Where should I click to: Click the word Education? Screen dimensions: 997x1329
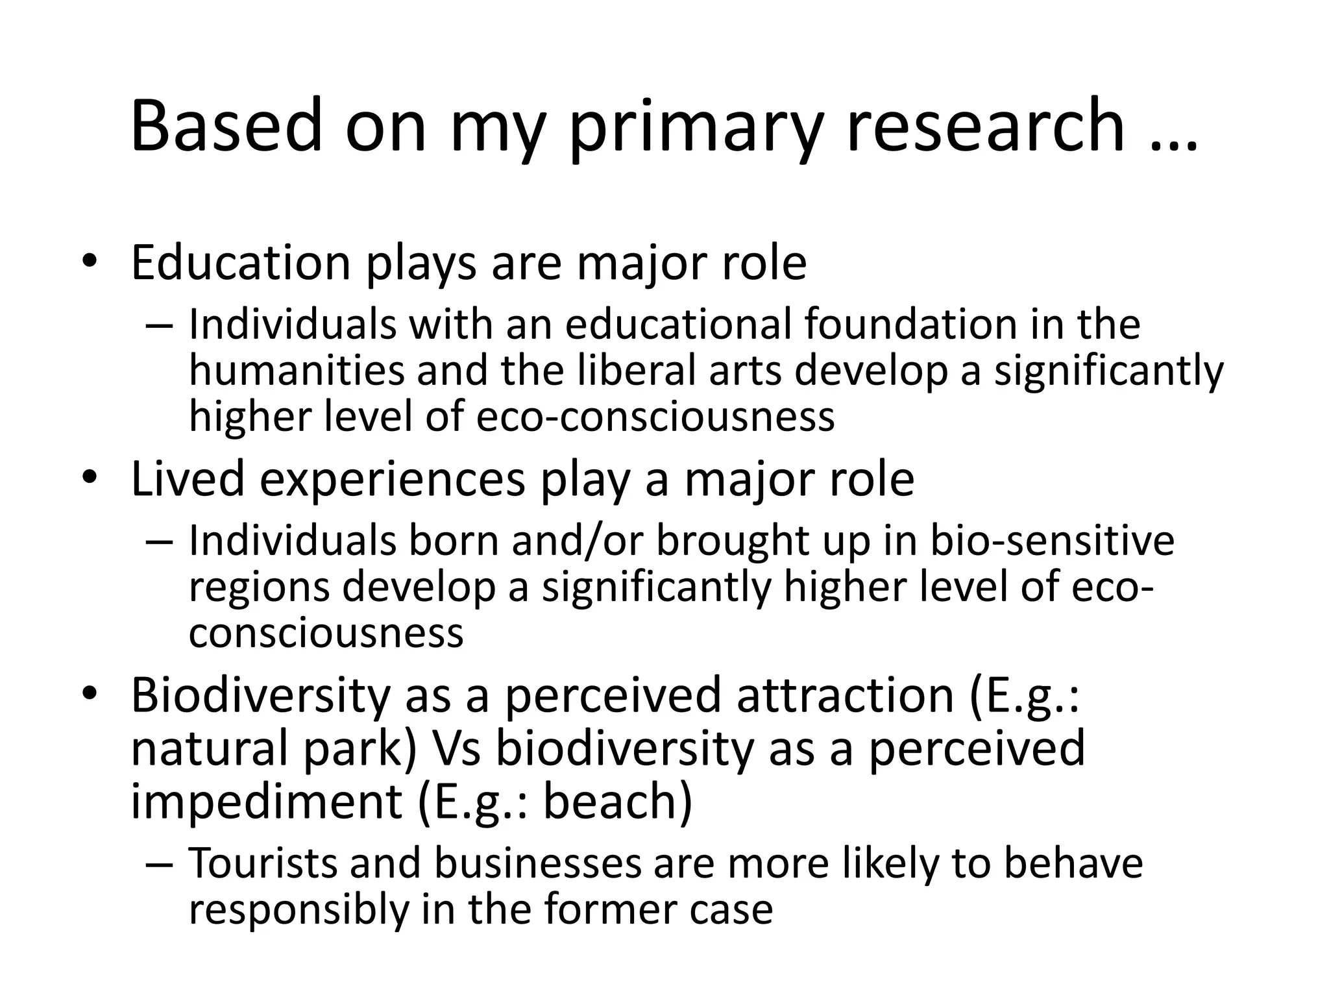click(240, 263)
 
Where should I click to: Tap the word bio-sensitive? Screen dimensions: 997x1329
click(1051, 540)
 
